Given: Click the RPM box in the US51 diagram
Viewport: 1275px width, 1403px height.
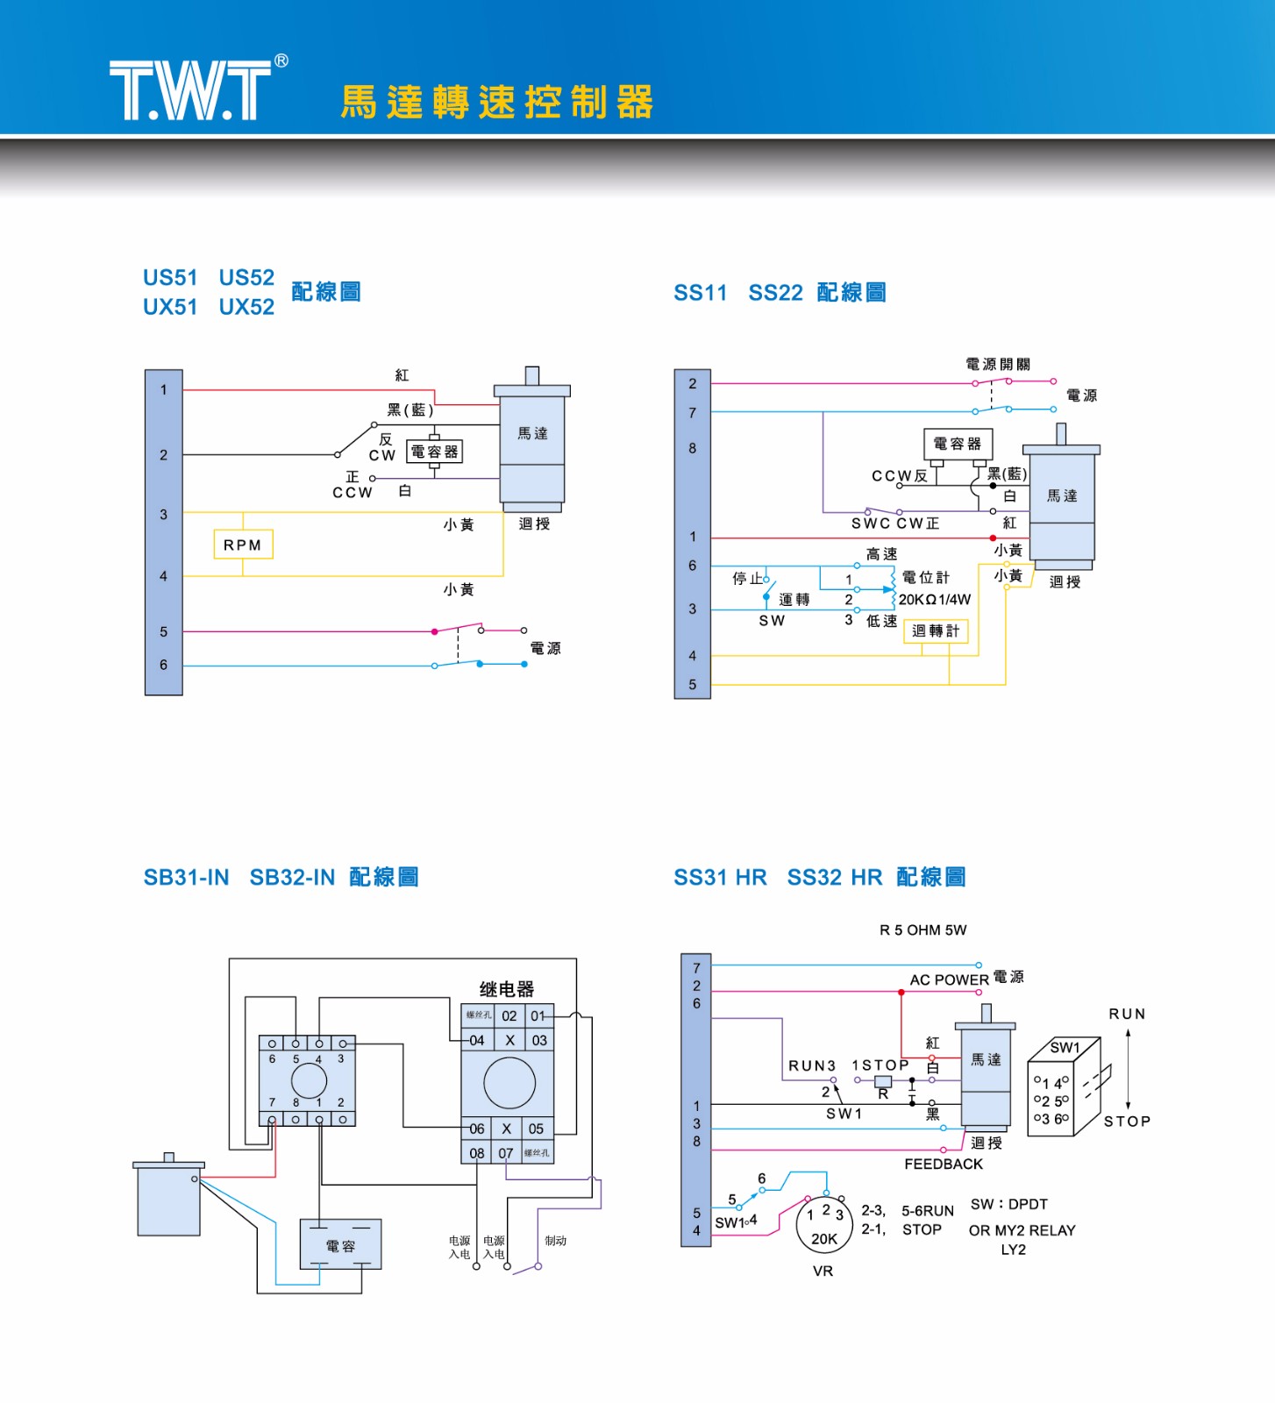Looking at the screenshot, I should [243, 545].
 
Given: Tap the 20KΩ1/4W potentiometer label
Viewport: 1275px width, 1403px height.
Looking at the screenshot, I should [935, 600].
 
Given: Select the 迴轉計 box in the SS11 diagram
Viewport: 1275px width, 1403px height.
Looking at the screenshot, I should [936, 630].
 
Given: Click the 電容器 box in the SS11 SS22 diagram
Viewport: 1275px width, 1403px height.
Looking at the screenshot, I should [957, 444].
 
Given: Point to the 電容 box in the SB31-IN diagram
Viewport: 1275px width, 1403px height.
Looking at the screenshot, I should [340, 1245].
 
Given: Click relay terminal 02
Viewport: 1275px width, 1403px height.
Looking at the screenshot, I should [509, 1015].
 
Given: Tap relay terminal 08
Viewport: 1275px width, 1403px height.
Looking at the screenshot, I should [477, 1153].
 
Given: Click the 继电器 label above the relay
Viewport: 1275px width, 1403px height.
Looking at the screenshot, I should [507, 989].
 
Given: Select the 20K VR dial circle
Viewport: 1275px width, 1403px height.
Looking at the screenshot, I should [824, 1226].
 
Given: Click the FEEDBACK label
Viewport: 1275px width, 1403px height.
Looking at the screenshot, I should [944, 1164].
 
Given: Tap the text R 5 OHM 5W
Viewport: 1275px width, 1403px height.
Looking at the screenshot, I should [923, 929].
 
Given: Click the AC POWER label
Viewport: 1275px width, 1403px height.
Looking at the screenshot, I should [949, 979].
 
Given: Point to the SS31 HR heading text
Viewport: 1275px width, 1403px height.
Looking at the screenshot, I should [720, 877].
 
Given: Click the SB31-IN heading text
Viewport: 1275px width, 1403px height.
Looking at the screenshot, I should [187, 877].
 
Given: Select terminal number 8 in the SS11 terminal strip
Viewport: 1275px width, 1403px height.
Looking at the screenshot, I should [693, 448].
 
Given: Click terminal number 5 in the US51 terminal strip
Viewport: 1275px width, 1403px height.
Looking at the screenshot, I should [164, 631].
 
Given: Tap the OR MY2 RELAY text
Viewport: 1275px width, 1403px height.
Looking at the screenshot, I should [1022, 1230].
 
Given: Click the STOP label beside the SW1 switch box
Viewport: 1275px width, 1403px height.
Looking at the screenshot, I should [1127, 1121].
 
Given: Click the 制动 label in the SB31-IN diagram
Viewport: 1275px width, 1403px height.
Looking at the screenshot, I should [556, 1241].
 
